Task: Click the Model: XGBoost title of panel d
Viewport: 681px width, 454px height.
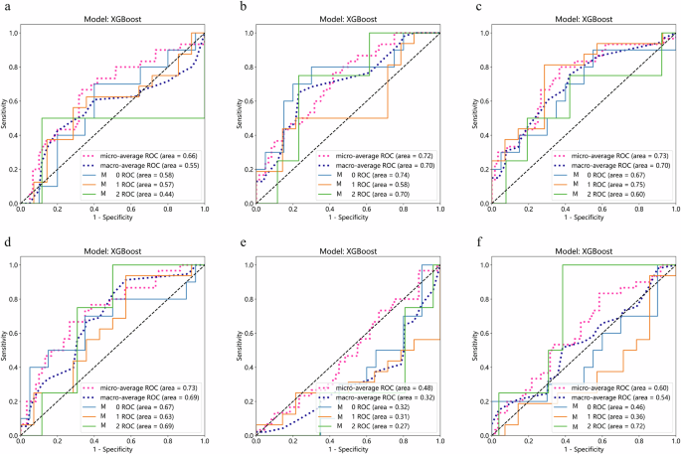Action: (x=112, y=252)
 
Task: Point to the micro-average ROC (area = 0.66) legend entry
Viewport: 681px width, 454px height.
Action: (x=146, y=155)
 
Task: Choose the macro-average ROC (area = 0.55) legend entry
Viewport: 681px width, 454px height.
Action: (x=146, y=165)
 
